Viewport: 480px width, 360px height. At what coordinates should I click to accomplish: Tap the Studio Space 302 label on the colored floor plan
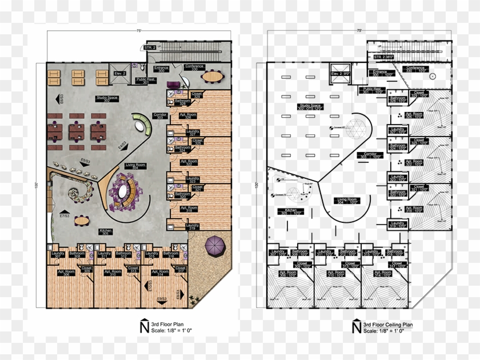pos(107,99)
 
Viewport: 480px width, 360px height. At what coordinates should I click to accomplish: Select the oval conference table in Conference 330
pos(214,76)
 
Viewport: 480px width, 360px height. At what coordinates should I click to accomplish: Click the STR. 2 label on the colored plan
pos(150,48)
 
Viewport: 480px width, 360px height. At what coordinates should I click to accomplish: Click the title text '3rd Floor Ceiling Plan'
pos(391,324)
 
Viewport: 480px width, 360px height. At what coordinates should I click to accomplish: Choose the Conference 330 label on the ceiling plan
pos(415,69)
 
